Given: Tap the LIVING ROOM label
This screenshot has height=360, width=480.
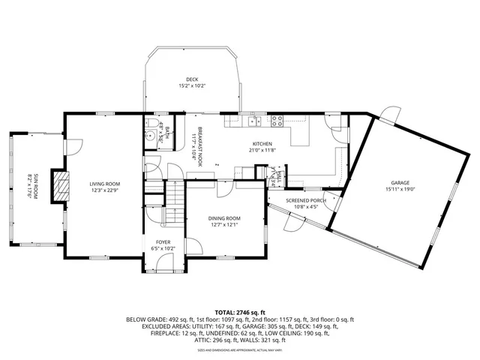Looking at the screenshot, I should coord(105,183).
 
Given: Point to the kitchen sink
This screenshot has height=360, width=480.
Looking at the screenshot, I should coord(256,121).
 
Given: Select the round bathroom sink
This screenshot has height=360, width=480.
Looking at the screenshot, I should coord(150,137).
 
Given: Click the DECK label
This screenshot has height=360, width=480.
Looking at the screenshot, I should coord(192,79).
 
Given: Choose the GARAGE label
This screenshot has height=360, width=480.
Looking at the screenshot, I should coord(400,182).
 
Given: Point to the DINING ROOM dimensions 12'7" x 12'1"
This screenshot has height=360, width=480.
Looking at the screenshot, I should coord(224,223).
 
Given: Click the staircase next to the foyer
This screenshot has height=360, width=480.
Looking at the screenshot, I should coord(175,199).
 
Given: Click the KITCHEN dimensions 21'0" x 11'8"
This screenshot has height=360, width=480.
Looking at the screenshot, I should coord(262,150).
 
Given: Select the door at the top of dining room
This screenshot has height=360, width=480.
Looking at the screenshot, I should coord(224,187).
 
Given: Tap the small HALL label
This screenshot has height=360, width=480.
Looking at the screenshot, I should coord(277,178).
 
